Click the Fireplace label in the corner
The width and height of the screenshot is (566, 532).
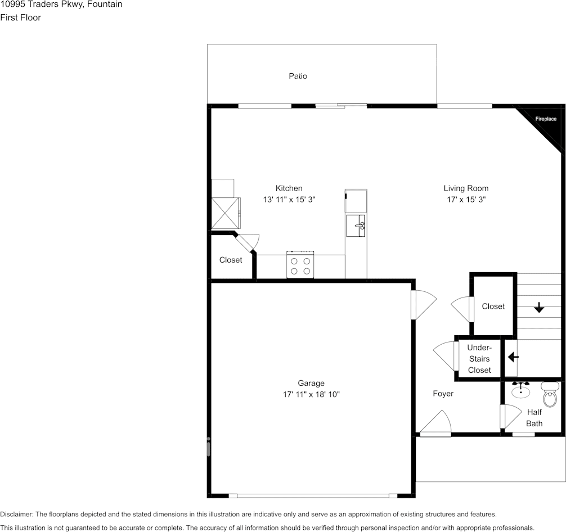[x=545, y=119]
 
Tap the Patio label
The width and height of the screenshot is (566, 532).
[x=298, y=76]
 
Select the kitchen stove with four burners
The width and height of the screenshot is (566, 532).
[x=299, y=265]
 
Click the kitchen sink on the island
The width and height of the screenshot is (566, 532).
[x=356, y=226]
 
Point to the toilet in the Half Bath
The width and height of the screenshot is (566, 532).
[x=549, y=392]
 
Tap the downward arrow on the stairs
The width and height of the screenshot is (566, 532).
[x=539, y=307]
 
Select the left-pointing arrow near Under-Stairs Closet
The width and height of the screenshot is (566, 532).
[x=513, y=357]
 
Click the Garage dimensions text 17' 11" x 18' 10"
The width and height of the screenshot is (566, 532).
[x=311, y=395]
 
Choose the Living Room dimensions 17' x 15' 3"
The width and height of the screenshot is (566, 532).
[x=465, y=200]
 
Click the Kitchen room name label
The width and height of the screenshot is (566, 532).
[x=289, y=188]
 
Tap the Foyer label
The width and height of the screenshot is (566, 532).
[x=443, y=394]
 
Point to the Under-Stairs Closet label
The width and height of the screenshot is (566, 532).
[x=479, y=359]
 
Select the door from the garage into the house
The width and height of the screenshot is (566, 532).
[x=423, y=304]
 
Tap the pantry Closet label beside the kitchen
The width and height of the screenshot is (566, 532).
[x=231, y=260]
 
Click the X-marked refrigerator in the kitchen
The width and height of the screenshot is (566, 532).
[x=225, y=212]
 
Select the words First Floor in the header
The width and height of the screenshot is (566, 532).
[x=20, y=17]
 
